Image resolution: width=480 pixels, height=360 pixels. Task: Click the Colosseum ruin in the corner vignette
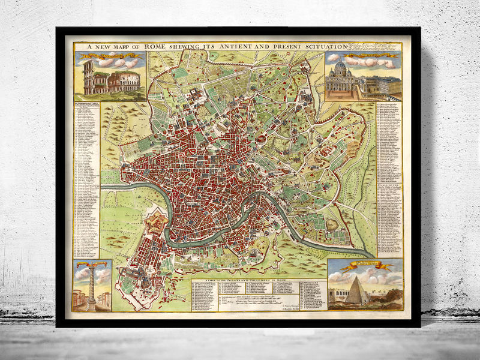[x=110, y=79]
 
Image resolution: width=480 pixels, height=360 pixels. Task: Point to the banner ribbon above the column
[x=91, y=264]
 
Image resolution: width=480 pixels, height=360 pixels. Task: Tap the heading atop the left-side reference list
[x=88, y=104]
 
